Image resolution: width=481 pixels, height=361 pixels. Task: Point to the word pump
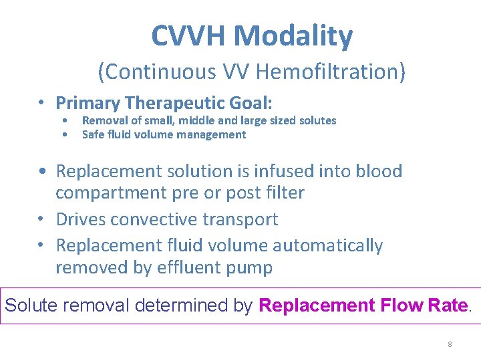point(252,269)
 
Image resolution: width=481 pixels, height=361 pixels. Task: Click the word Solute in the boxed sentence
point(31,306)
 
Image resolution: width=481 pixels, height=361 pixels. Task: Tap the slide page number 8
point(450,344)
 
